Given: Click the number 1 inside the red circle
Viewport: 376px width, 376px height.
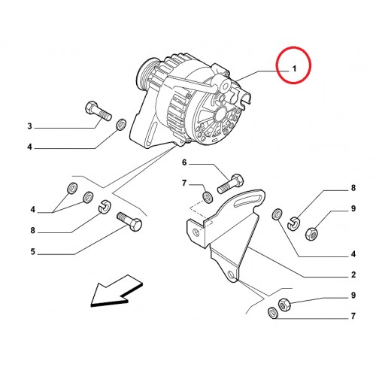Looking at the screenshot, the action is (x=294, y=68).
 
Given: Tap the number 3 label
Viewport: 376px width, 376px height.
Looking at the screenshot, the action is (x=30, y=126).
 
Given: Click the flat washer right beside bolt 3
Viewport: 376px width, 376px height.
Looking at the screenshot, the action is (x=121, y=125).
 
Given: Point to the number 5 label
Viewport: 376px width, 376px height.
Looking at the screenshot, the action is (x=33, y=251).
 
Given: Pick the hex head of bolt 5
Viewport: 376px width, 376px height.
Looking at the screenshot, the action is (x=136, y=224).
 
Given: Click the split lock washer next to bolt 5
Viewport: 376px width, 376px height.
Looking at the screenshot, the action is (x=103, y=207).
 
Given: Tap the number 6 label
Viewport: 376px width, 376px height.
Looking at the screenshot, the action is (x=184, y=162).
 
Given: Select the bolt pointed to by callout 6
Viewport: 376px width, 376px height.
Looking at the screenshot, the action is (x=230, y=183).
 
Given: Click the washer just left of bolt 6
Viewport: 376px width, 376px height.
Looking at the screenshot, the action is (x=208, y=198).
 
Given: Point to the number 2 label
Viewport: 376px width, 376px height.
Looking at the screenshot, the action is (x=353, y=274).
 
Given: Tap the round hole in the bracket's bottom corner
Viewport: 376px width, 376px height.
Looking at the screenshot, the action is (x=231, y=275).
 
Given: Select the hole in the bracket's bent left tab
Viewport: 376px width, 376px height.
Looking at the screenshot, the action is (x=197, y=232).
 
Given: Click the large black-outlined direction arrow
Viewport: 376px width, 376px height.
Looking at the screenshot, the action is (x=116, y=291).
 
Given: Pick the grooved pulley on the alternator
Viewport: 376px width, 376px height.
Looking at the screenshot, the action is (x=146, y=74).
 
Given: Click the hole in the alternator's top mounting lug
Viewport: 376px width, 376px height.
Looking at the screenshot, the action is (x=225, y=86).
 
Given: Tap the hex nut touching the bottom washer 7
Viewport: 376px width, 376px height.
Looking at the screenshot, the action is (x=284, y=305).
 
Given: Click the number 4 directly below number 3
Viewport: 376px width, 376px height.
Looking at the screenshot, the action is (x=30, y=147).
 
